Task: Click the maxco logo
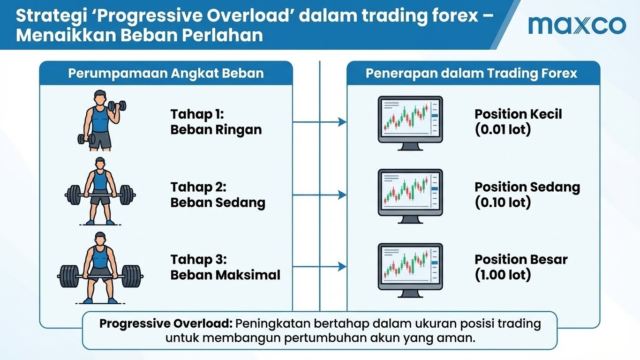click(577, 25)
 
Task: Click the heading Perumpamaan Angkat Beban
click(166, 74)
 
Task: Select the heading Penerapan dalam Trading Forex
click(471, 74)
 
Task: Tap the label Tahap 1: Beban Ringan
click(216, 122)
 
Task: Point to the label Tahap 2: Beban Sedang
click(218, 195)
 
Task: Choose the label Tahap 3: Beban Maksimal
click(225, 267)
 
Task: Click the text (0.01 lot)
click(503, 129)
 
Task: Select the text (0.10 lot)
click(503, 202)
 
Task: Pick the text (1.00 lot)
click(503, 275)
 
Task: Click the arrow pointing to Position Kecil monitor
click(319, 122)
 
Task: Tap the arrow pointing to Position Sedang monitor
click(319, 195)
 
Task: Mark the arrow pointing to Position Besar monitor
click(319, 267)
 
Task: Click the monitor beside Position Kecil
click(410, 123)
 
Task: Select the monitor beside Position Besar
click(410, 270)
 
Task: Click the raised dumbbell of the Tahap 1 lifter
click(117, 106)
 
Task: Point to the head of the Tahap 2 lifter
click(100, 164)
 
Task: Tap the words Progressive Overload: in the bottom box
click(166, 324)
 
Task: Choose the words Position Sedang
click(527, 187)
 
